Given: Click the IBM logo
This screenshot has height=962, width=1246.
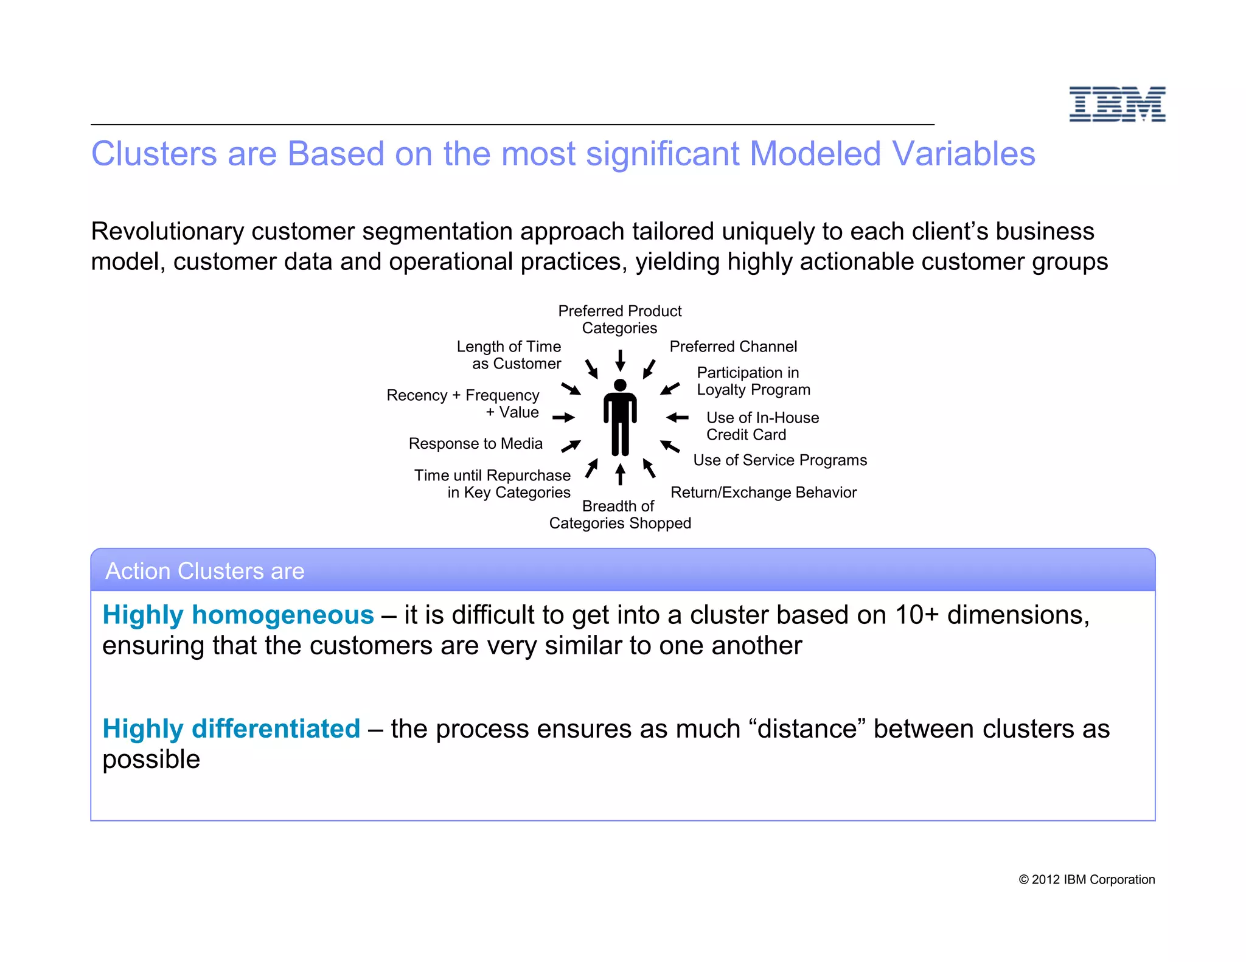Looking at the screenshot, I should click(x=1117, y=104).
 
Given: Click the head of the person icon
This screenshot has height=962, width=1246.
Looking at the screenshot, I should click(x=620, y=385).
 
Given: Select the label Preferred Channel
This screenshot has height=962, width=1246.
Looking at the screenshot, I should click(x=733, y=347).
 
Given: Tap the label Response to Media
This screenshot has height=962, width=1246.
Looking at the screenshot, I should click(x=475, y=443).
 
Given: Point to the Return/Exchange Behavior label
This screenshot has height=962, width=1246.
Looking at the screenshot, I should click(x=763, y=492).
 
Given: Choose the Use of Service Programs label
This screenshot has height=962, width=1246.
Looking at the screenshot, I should click(x=779, y=460).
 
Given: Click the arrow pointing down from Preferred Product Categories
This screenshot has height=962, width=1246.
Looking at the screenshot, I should click(x=620, y=360).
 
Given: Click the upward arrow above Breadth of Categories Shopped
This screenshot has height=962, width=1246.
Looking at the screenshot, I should click(x=620, y=474).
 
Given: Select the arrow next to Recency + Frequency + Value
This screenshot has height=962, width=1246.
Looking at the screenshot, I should click(x=563, y=417).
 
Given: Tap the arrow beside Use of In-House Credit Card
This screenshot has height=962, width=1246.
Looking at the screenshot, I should click(x=677, y=417).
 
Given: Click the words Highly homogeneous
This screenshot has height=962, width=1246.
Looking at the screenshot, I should click(x=238, y=615).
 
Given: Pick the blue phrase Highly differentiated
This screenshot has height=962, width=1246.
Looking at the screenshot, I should click(x=231, y=728).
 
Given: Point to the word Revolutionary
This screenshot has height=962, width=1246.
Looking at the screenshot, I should click(x=167, y=232).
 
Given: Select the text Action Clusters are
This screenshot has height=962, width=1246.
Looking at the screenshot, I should click(x=204, y=571).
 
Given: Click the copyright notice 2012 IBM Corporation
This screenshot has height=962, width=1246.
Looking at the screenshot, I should click(x=1087, y=879).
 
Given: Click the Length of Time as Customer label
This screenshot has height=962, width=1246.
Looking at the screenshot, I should click(x=509, y=355).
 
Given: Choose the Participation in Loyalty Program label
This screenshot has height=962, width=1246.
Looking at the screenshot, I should click(x=753, y=381).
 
